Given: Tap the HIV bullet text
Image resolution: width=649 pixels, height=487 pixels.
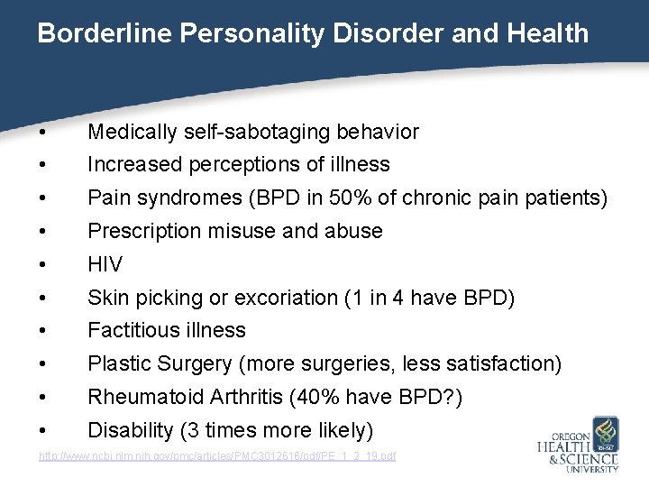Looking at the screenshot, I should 105,264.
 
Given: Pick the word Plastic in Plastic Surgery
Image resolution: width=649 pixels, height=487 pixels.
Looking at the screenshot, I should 118,363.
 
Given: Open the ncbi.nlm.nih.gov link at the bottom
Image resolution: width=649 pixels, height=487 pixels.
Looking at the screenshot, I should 216,457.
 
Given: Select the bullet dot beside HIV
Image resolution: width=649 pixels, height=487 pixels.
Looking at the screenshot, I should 43,265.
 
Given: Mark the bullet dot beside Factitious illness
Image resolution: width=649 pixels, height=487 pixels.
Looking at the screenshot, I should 43,331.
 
